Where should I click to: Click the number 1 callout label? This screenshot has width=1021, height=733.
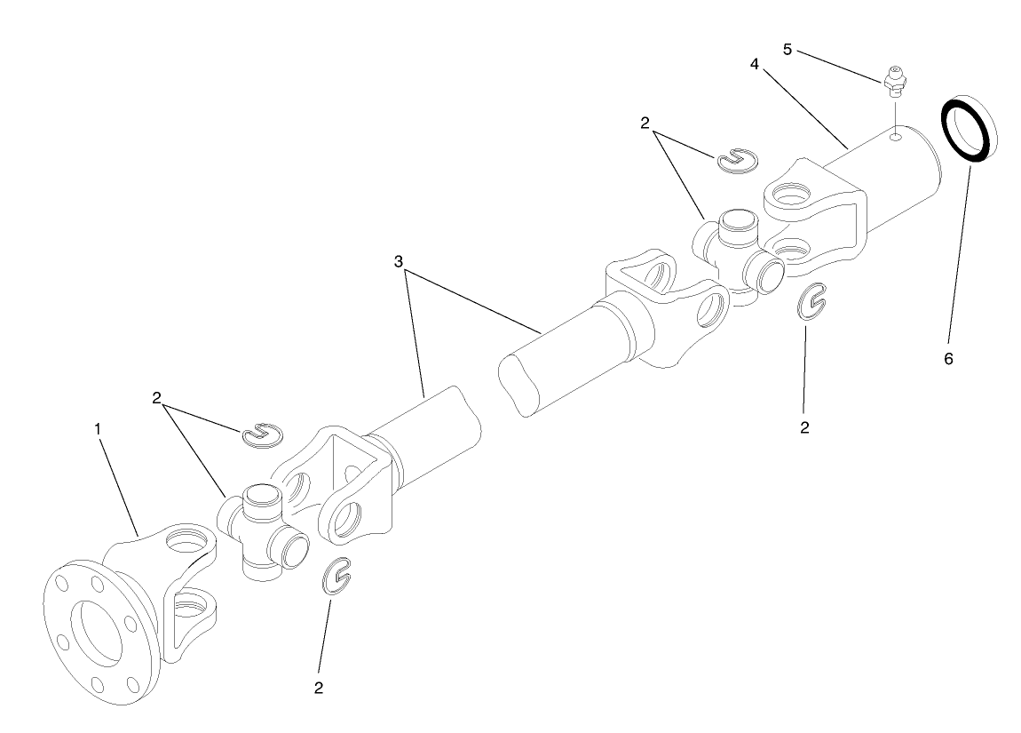tap(99, 428)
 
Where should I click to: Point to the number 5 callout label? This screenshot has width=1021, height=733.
tap(788, 49)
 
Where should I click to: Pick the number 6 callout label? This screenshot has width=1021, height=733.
tap(947, 358)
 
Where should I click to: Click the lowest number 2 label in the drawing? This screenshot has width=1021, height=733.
tap(319, 687)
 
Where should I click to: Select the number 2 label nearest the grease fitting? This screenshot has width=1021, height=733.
tap(645, 123)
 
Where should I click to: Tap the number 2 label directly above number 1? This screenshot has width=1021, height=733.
tap(156, 397)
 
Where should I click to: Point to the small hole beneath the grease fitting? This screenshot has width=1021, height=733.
tap(898, 137)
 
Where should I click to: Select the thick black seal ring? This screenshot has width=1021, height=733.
tap(966, 129)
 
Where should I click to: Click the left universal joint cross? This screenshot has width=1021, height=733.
tap(262, 533)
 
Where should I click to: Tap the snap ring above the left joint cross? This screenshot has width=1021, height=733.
tap(261, 434)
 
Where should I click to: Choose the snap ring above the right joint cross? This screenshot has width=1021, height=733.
tap(736, 158)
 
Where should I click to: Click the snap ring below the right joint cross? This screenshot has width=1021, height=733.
tap(811, 303)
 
